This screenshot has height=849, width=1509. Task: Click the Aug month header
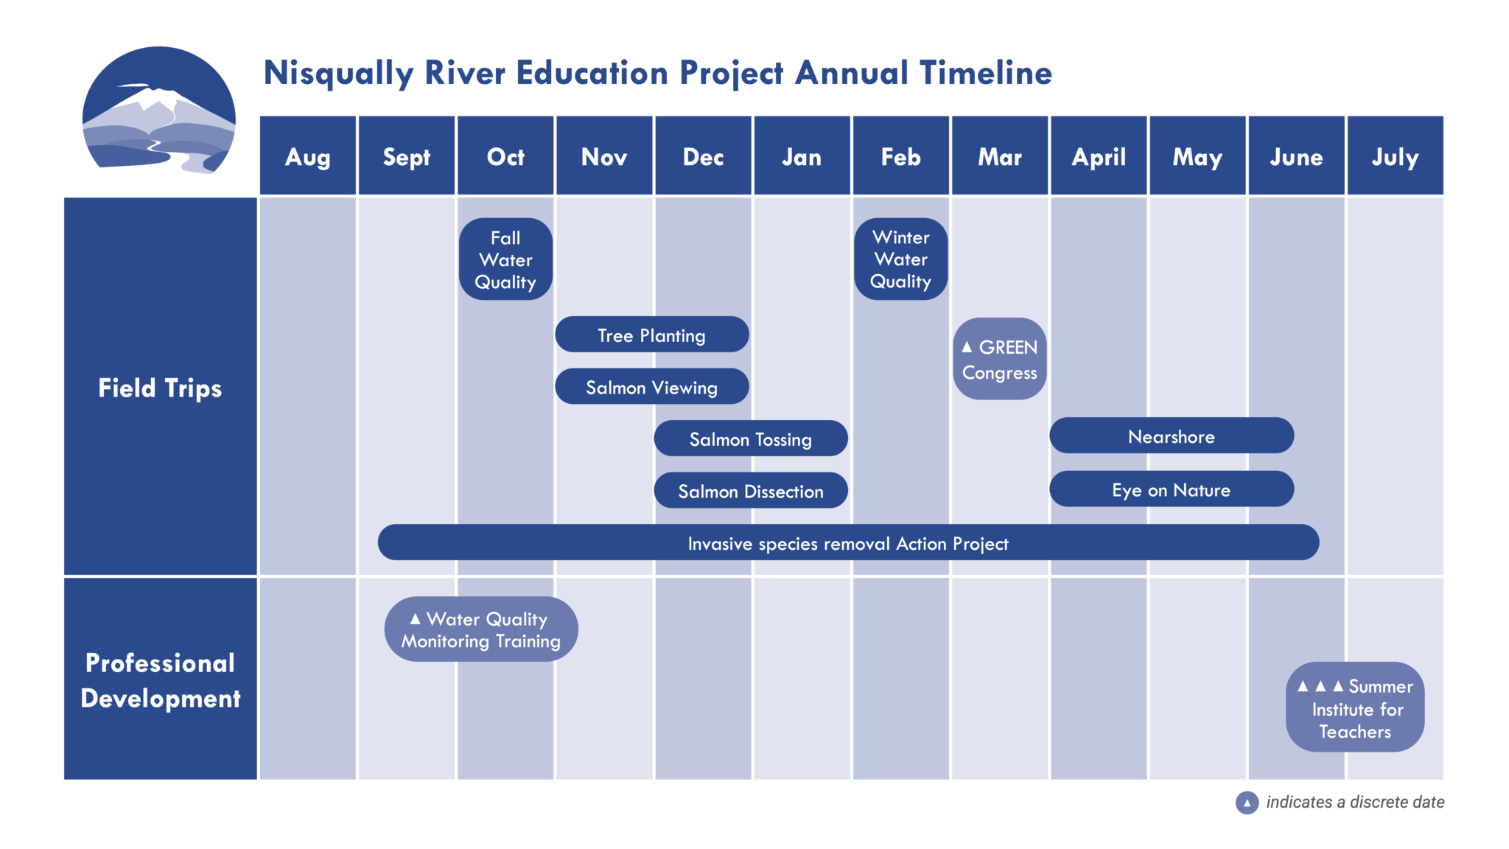[308, 156]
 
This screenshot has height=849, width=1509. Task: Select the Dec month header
[703, 156]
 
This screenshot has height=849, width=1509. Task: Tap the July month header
[1395, 156]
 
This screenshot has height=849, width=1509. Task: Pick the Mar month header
[1000, 156]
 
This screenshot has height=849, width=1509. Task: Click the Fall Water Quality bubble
[505, 259]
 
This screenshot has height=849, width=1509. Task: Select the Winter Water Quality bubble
[900, 259]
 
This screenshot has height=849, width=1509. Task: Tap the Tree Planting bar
[652, 335]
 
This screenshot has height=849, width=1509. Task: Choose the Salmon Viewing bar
[652, 386]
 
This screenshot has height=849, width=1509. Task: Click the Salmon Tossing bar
[751, 439]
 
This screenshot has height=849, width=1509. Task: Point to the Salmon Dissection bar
[751, 490]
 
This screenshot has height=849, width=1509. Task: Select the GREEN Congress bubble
[1000, 359]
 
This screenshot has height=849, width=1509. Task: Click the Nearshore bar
[1172, 436]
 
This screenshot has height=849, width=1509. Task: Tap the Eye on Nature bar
[1172, 489]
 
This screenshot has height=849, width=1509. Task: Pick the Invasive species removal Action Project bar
[848, 542]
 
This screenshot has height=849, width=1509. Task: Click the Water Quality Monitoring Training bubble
[481, 629]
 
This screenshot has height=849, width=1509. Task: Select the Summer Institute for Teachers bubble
[1355, 707]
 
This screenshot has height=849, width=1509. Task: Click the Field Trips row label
[160, 387]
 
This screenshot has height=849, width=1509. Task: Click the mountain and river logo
[158, 111]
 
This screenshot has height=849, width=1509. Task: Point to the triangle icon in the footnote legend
[1247, 803]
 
